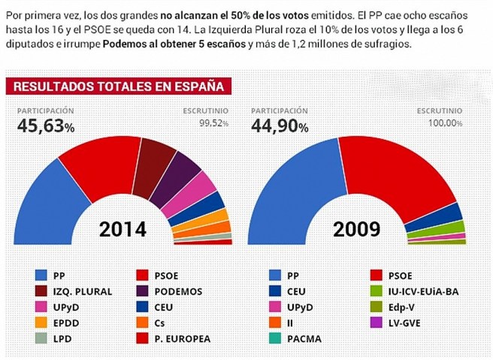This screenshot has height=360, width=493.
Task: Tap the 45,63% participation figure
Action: (46, 126)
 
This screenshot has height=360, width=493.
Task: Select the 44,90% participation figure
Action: (280, 126)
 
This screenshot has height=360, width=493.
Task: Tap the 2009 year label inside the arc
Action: (358, 228)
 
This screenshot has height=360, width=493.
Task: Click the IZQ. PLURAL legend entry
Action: (76, 291)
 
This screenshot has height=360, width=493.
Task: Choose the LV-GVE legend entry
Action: (406, 322)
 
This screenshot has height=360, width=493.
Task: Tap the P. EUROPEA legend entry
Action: (177, 338)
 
